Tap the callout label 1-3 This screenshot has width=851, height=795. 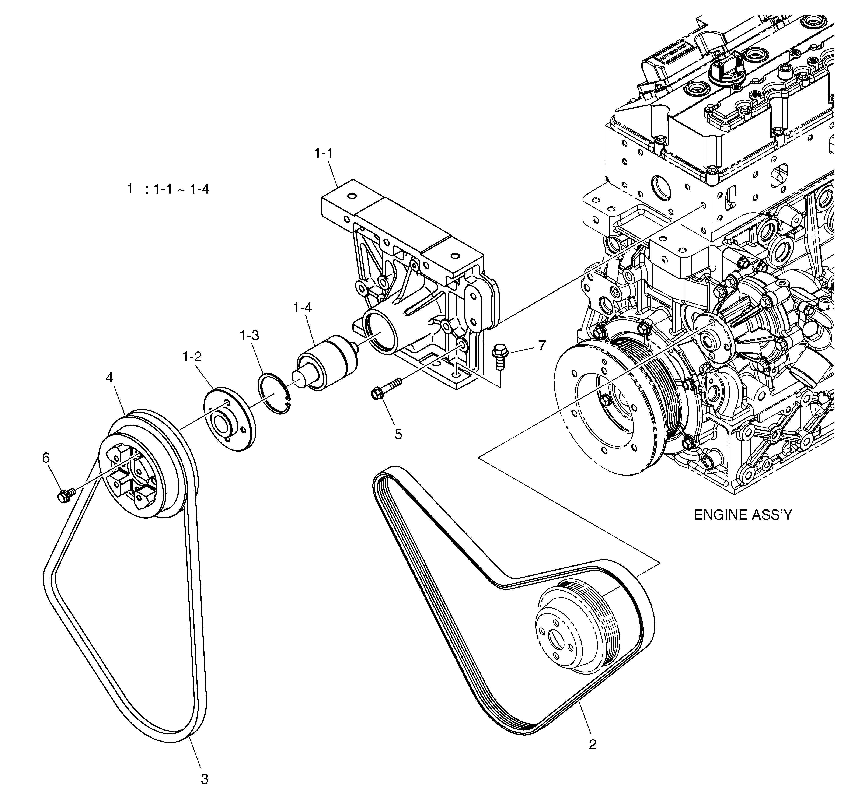[x=250, y=336]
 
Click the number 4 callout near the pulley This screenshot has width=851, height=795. [x=110, y=377]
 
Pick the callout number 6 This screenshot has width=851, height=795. [x=46, y=458]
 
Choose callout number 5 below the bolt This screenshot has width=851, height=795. [x=398, y=434]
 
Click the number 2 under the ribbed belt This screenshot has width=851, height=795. [x=592, y=745]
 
